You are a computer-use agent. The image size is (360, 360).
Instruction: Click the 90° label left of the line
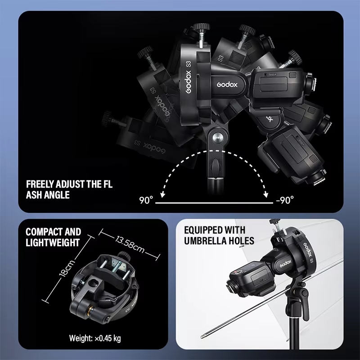146,200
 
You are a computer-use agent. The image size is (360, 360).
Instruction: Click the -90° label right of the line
285,200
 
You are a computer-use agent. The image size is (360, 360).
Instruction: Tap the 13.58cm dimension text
130,244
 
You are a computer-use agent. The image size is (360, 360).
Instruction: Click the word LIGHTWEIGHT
53,243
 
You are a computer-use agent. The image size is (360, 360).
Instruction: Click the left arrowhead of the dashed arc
162,195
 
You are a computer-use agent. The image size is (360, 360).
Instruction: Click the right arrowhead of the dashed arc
266,195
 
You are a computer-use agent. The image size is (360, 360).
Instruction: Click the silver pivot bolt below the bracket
216,138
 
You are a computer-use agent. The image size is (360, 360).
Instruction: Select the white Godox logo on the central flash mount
227,85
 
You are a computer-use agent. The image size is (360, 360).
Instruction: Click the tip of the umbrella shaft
202,337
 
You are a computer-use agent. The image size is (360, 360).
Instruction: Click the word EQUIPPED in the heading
201,230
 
